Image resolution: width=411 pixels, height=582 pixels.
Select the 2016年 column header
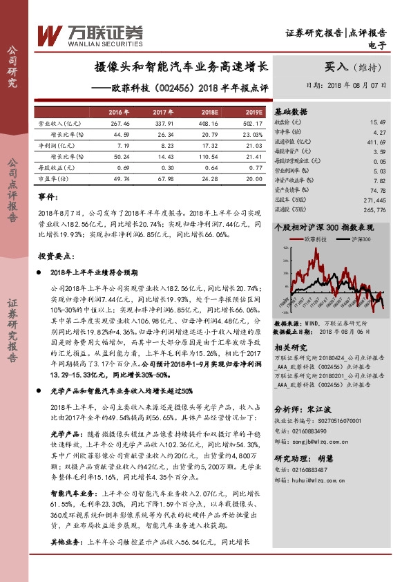click(118, 112)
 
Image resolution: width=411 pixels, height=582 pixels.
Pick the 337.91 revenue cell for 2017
click(162, 122)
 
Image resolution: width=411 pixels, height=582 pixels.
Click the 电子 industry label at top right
click(378, 46)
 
